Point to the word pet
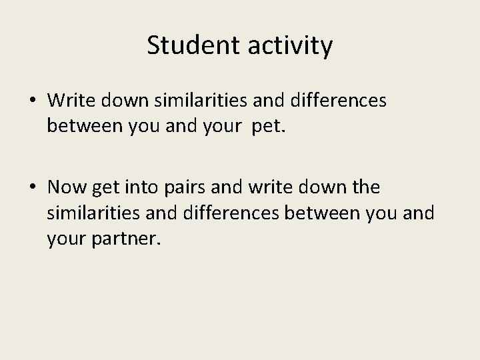pyautogui.click(x=269, y=125)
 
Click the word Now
pyautogui.click(x=67, y=188)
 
